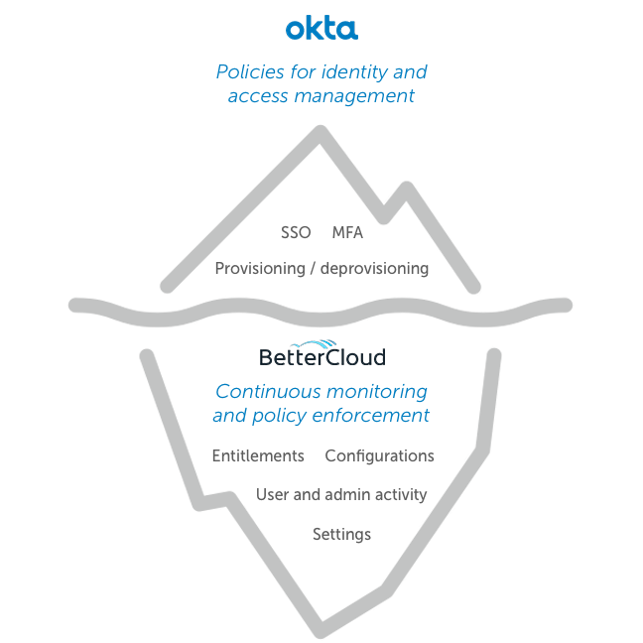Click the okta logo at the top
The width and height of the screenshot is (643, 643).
321,29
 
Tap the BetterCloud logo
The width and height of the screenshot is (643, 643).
321,355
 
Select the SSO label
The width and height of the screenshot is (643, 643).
296,233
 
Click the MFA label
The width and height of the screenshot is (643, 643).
347,233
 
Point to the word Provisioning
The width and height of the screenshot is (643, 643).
263,269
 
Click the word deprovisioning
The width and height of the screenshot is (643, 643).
375,269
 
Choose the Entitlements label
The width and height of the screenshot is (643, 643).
258,456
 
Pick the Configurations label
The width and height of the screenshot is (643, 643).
380,456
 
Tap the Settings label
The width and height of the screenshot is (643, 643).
341,535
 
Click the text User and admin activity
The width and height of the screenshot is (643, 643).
341,495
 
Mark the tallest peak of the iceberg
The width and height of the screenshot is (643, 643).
320,130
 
